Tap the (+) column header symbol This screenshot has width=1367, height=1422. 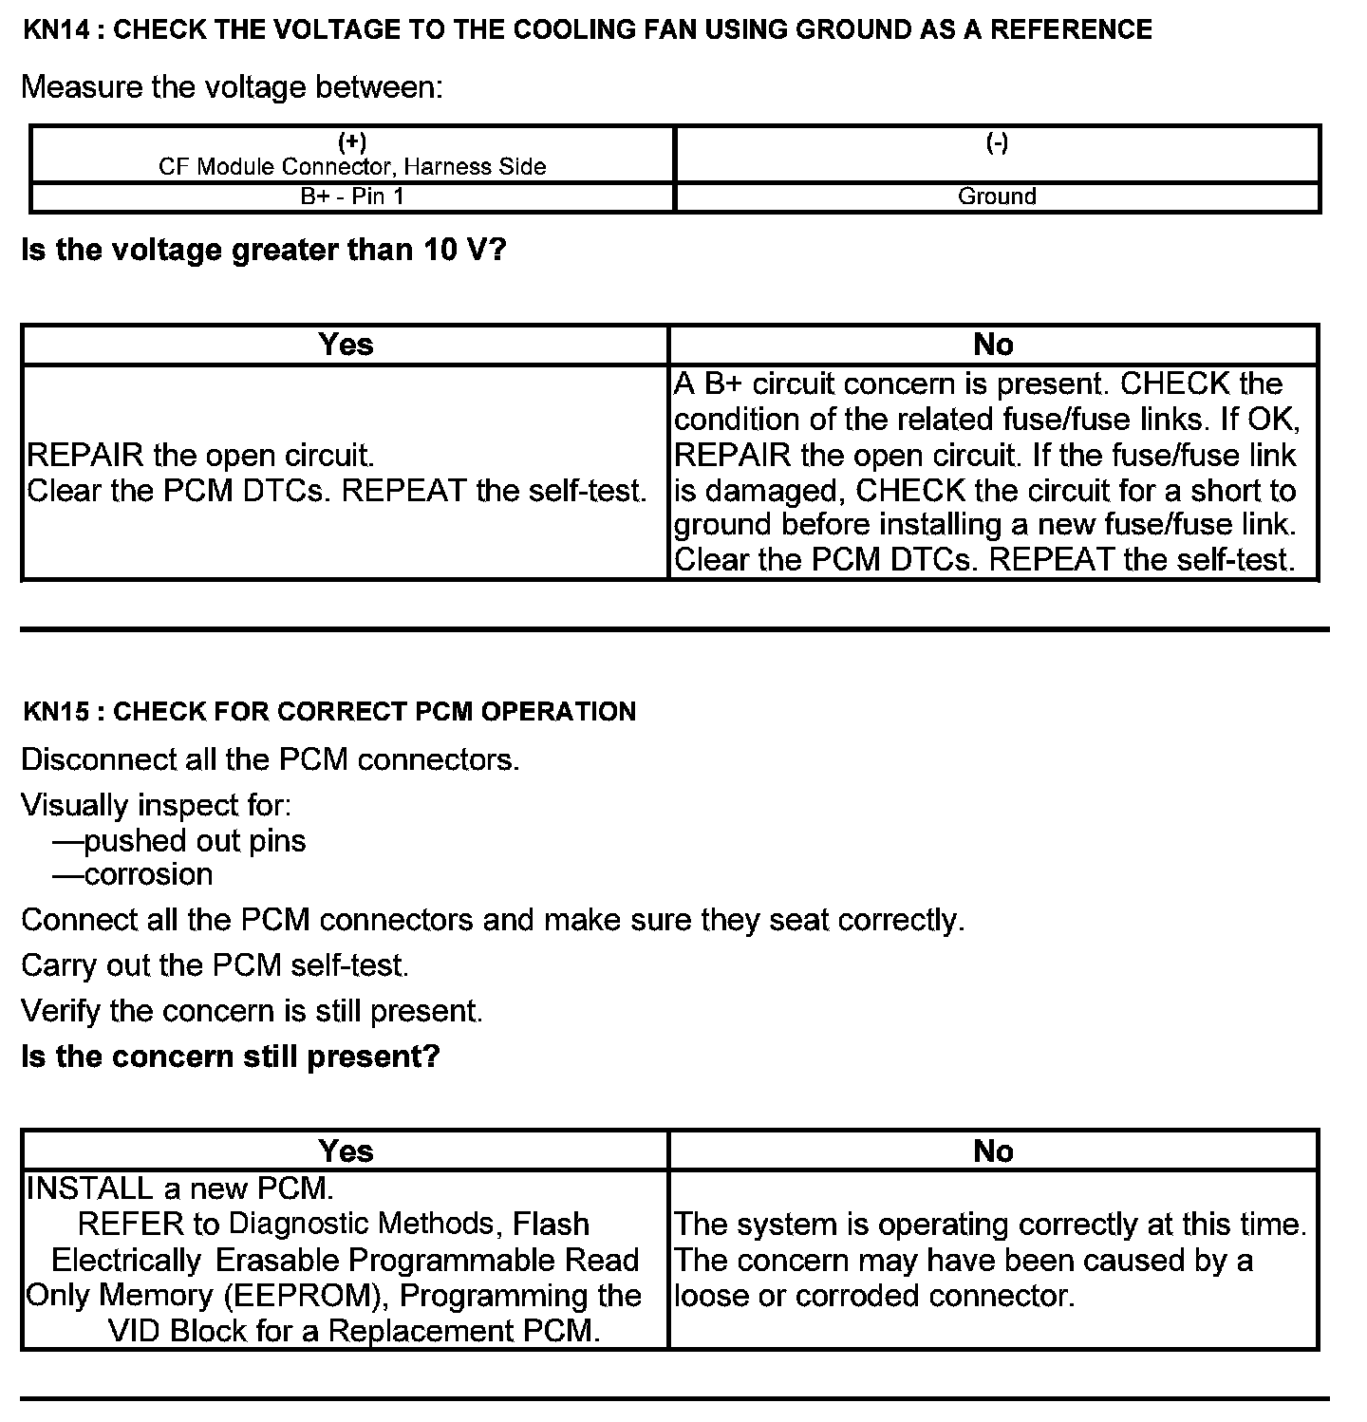click(352, 143)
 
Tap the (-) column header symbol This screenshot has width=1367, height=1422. click(997, 143)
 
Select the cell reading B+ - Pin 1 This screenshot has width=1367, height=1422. click(352, 196)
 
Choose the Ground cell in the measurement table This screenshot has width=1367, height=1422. click(997, 196)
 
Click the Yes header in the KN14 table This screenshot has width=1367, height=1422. click(346, 345)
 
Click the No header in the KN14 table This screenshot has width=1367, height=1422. click(993, 345)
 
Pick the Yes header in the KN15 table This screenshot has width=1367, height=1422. click(346, 1151)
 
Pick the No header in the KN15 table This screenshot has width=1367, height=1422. click(993, 1151)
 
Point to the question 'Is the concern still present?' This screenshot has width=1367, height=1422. click(231, 1057)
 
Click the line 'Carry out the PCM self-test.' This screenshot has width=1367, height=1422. click(215, 965)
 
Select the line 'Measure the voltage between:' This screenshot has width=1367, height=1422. click(232, 87)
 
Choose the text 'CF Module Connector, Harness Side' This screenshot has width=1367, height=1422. click(352, 167)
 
